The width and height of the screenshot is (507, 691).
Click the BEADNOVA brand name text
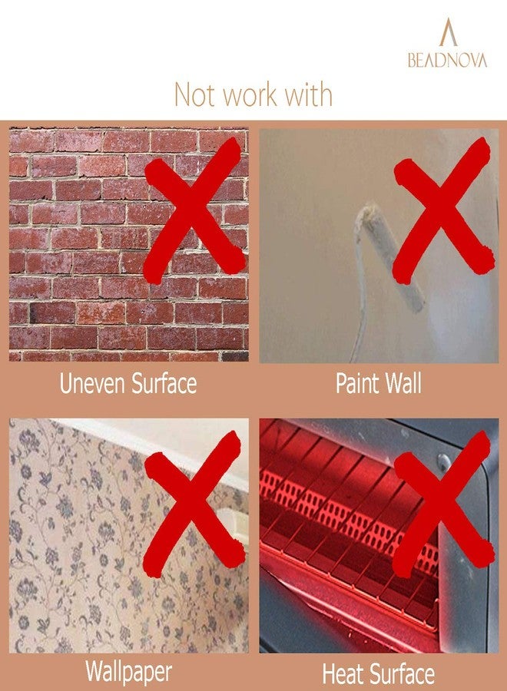coord(448,60)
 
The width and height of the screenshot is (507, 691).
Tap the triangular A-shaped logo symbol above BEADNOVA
coord(449,31)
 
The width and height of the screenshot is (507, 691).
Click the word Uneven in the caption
coord(93,383)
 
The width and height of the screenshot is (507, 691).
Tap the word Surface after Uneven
coord(164,383)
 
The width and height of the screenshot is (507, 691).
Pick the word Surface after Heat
coord(400,674)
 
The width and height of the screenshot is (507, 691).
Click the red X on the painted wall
coord(442,210)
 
